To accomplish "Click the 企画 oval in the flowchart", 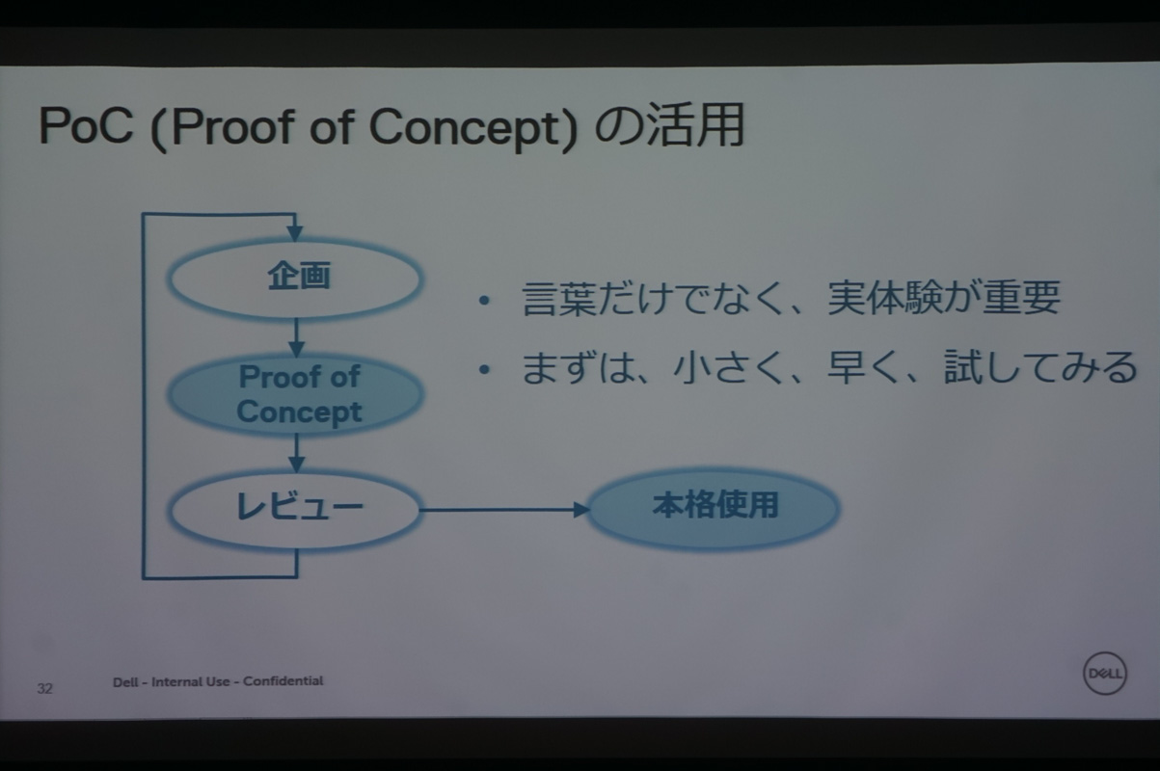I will (x=296, y=279).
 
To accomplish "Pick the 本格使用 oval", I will (x=714, y=506).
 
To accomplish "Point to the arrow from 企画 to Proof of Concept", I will (x=296, y=336).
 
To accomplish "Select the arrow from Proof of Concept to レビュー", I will (x=296, y=451).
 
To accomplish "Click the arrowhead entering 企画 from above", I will (x=295, y=232).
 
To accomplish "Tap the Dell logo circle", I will (x=1104, y=673).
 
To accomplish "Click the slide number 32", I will (x=44, y=688).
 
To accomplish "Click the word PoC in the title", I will (x=85, y=128).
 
